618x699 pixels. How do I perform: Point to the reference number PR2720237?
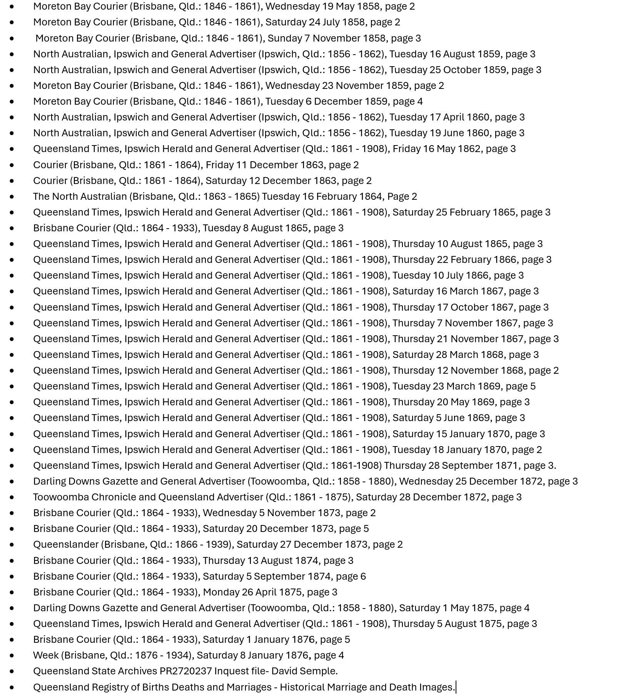click(185, 671)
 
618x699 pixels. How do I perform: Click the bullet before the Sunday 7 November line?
click(12, 38)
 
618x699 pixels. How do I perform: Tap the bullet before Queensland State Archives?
click(12, 671)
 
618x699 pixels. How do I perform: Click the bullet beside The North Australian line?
click(12, 197)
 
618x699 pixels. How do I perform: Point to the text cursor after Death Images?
click(456, 687)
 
